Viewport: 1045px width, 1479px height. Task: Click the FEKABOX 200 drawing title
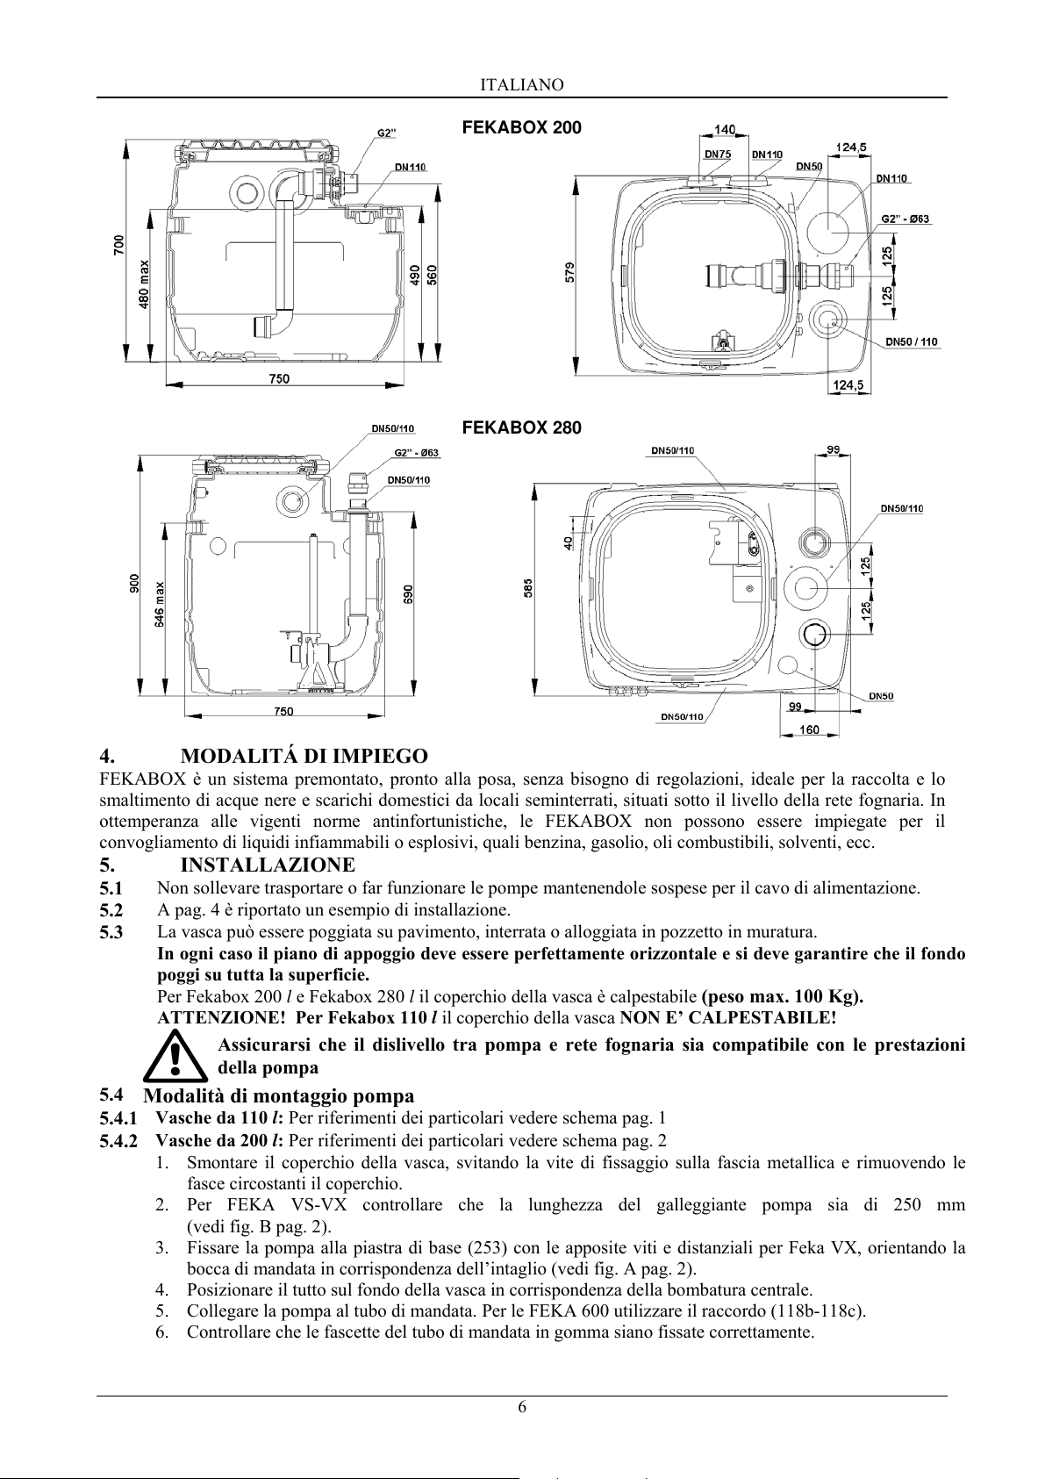click(x=521, y=127)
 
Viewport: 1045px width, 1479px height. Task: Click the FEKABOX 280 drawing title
click(x=521, y=427)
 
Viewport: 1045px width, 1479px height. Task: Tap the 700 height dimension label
click(x=118, y=246)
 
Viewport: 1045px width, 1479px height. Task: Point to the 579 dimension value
click(x=570, y=272)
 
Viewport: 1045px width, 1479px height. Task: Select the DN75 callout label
click(x=718, y=154)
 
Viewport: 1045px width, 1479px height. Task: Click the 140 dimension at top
click(x=725, y=130)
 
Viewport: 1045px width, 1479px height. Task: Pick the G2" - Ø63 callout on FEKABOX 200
click(x=906, y=219)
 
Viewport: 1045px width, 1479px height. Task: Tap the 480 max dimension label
click(x=144, y=284)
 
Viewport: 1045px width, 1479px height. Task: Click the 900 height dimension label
click(x=134, y=584)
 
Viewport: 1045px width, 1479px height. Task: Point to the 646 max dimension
click(x=160, y=605)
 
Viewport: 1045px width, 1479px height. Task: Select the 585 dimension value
click(x=528, y=587)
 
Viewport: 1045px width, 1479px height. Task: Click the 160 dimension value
click(x=809, y=729)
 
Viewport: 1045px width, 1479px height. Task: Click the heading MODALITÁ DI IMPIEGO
click(x=304, y=756)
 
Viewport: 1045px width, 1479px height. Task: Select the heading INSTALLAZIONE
click(x=268, y=865)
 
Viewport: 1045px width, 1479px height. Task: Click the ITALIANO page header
click(x=521, y=85)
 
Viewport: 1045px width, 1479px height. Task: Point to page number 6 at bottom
click(x=522, y=1407)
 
